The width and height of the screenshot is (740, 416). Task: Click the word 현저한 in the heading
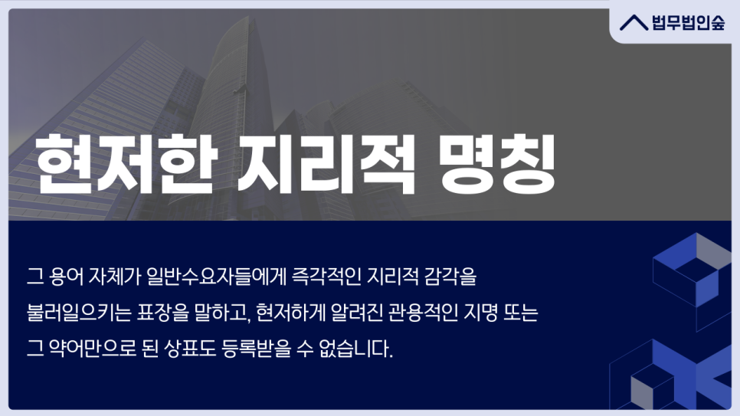pos(126,164)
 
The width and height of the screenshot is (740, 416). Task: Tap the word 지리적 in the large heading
pos(326,164)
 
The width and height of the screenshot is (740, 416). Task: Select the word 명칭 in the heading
pos(496,164)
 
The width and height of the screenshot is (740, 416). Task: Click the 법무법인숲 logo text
pos(688,23)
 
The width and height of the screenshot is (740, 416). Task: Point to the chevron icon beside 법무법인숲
pos(634,23)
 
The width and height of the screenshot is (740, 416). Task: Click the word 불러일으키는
pos(79,313)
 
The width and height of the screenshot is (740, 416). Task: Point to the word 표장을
pos(163,313)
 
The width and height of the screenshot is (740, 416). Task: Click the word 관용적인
pos(423,313)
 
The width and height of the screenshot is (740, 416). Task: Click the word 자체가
pos(115,277)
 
